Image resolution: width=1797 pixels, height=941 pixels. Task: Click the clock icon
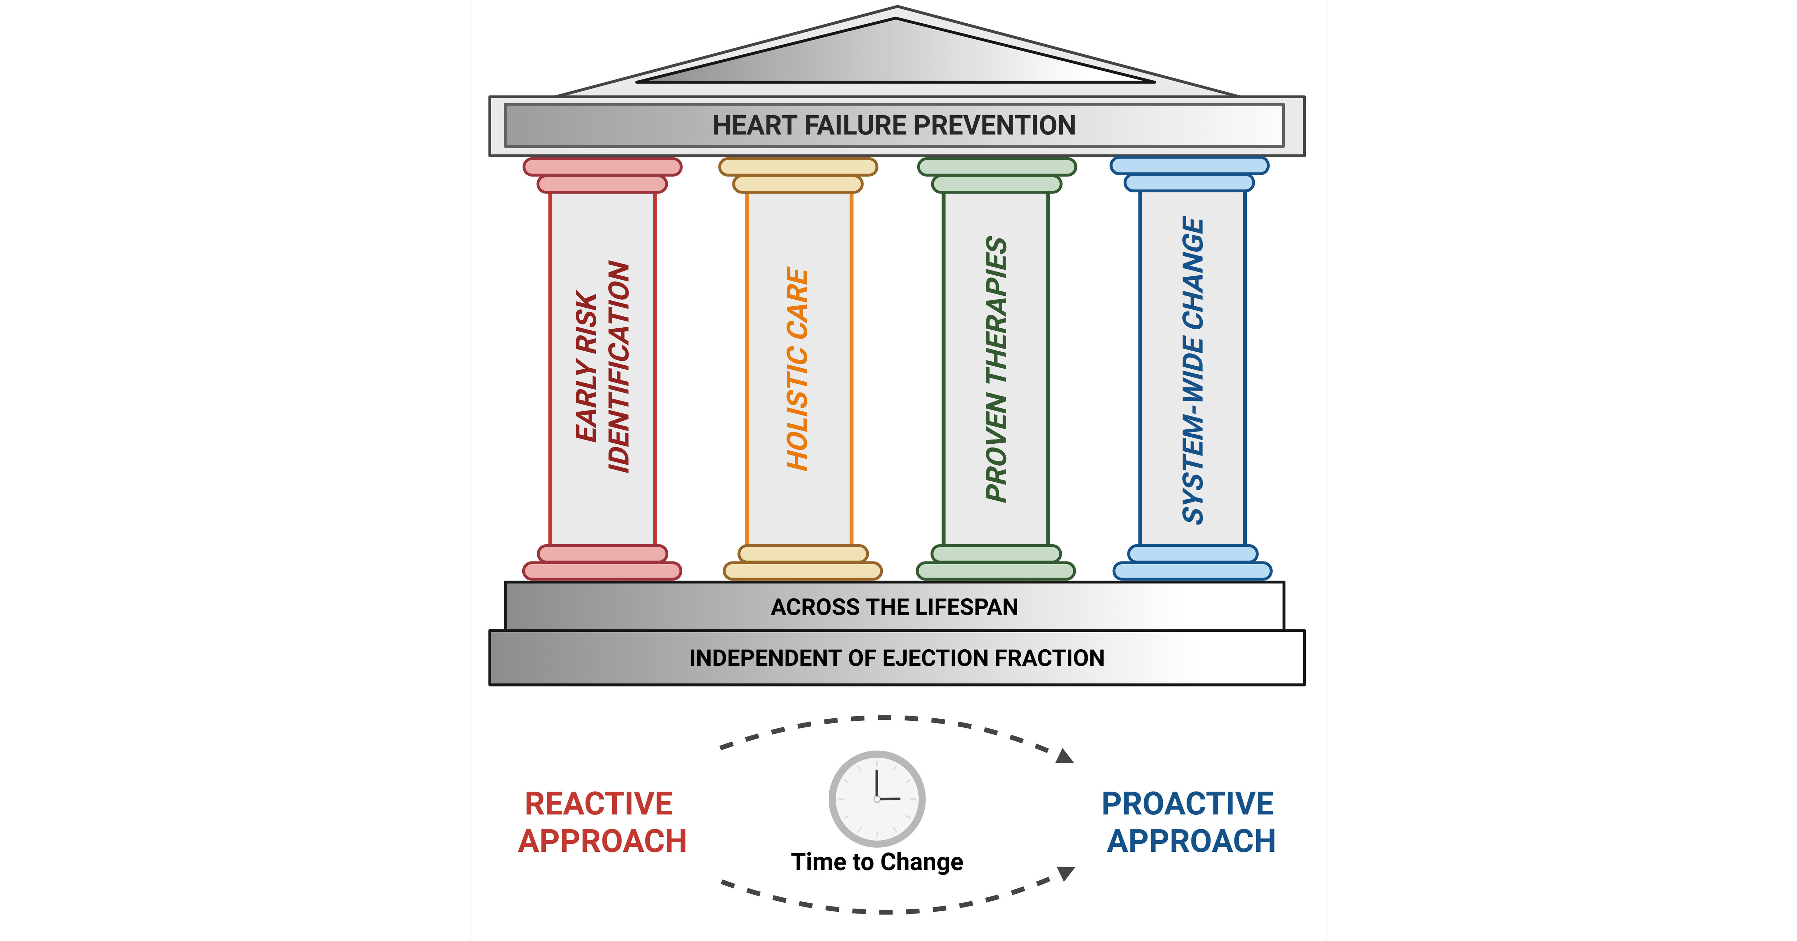coord(877,799)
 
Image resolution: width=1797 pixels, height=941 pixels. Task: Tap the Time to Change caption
coord(877,862)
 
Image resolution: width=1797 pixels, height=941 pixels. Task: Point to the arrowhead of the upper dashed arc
coord(1064,756)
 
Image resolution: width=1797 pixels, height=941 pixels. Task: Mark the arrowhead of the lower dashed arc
coord(1065,873)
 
